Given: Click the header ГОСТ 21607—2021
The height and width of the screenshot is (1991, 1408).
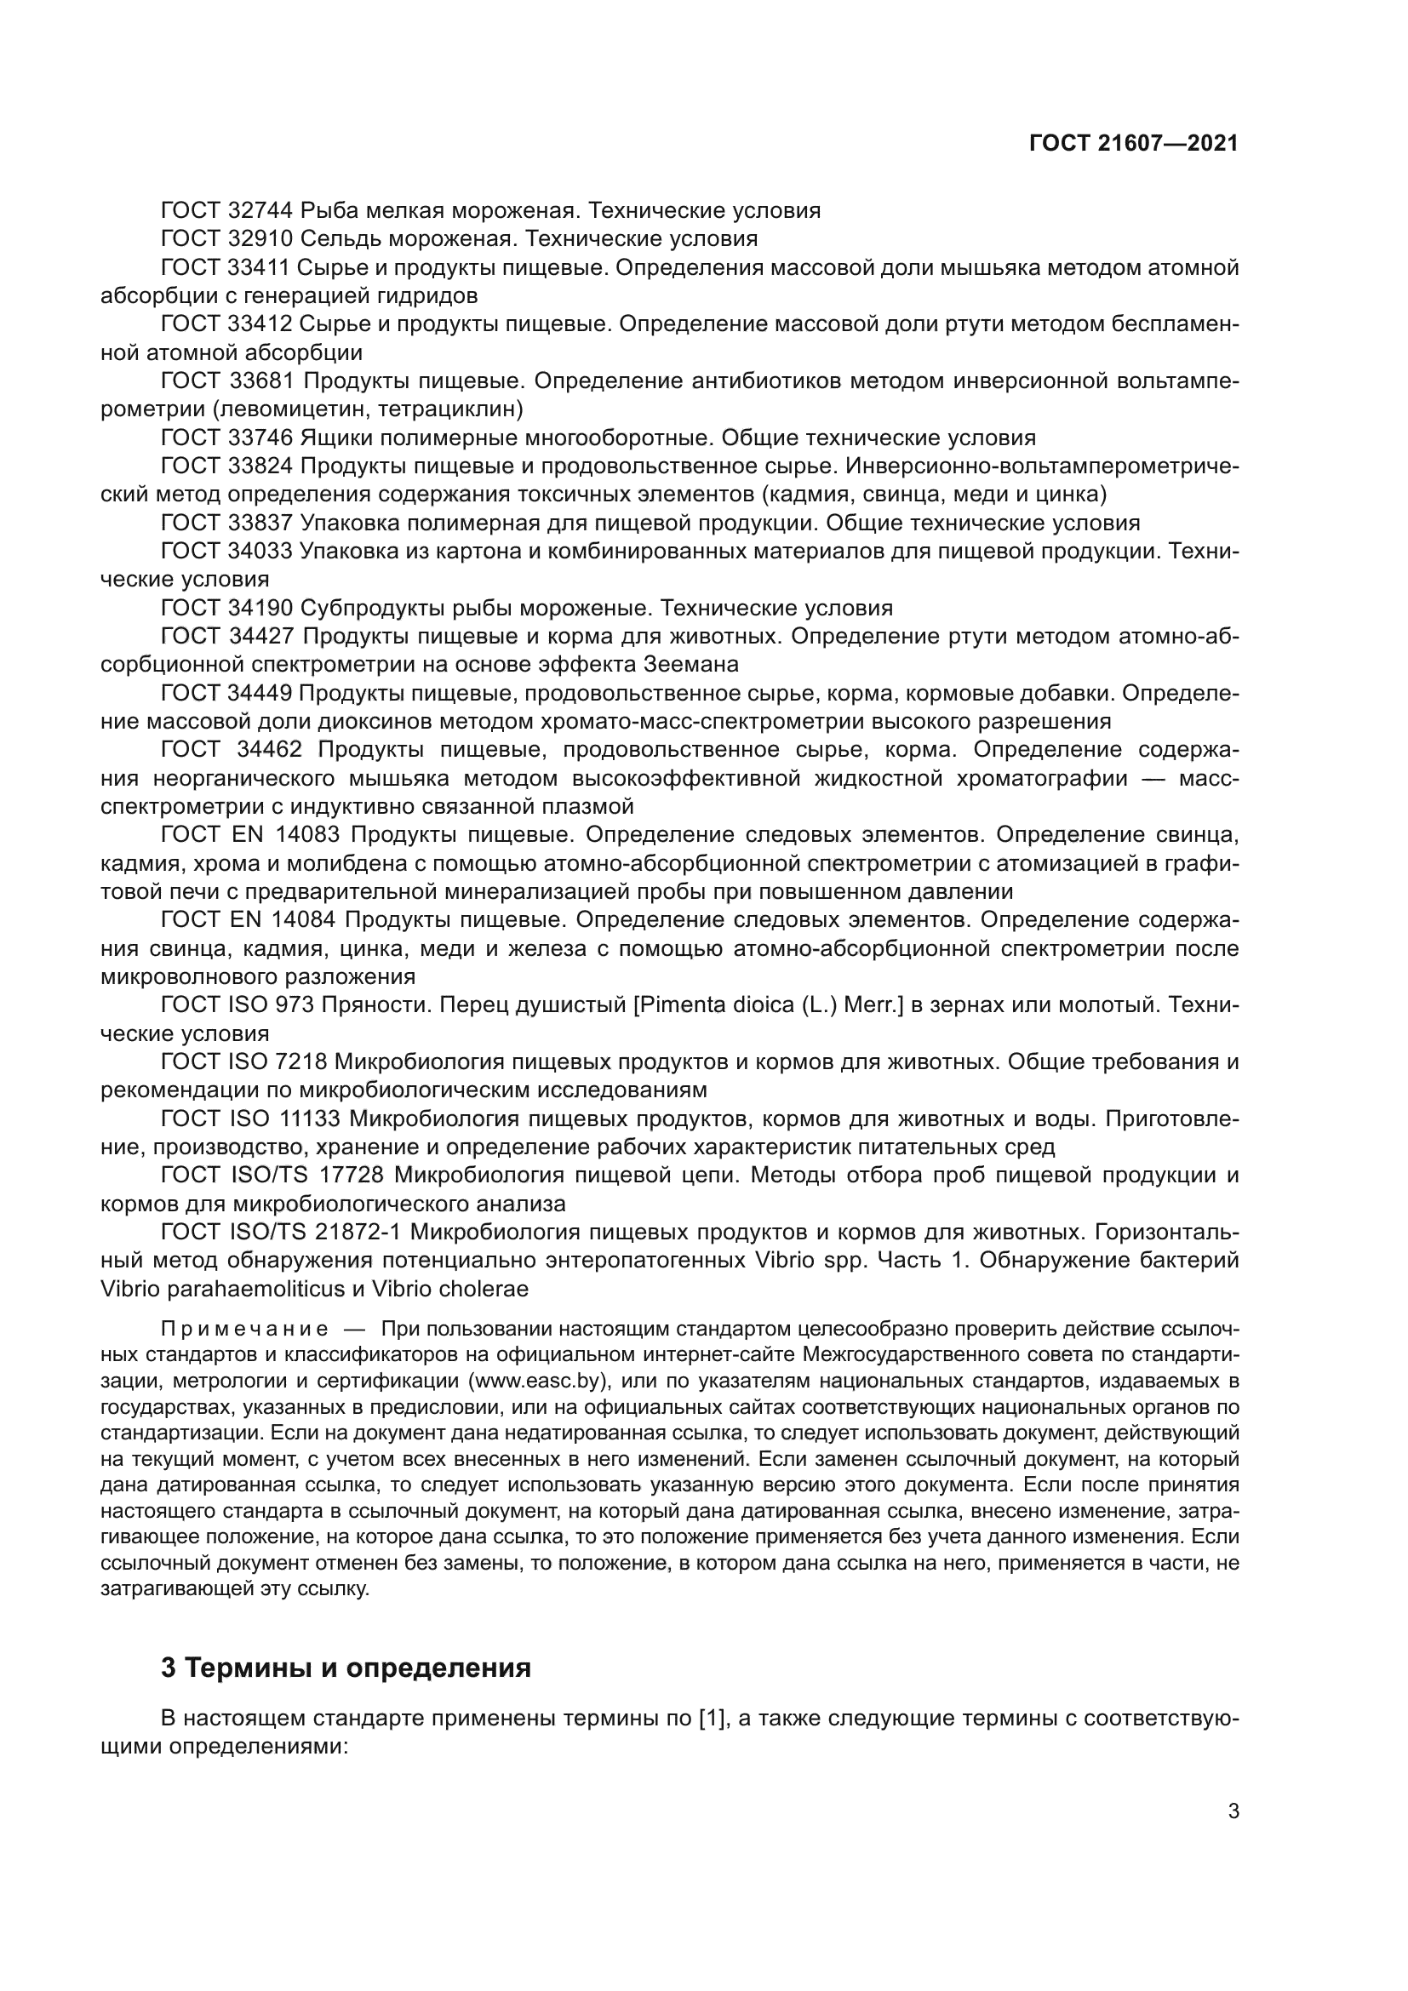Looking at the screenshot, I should click(x=1133, y=143).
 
